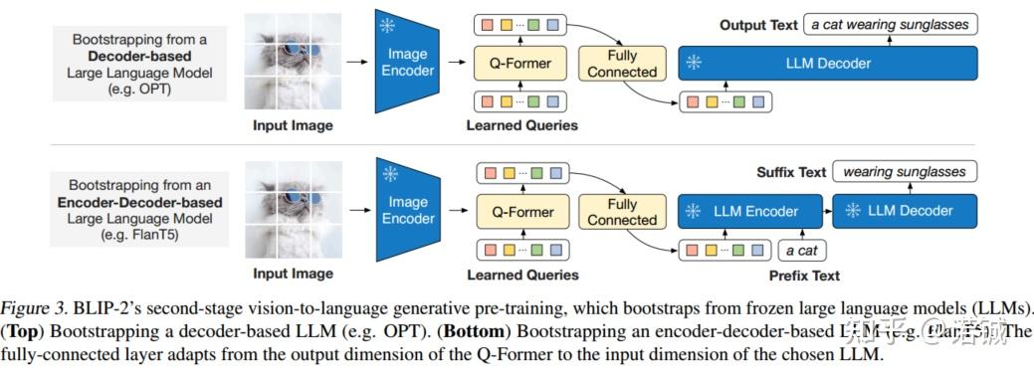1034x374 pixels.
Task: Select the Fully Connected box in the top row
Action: pos(622,64)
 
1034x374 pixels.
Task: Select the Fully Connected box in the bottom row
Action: pos(622,212)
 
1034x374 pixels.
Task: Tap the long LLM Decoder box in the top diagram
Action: pos(827,64)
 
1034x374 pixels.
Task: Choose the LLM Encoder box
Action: pos(751,211)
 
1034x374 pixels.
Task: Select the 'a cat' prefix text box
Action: pos(801,250)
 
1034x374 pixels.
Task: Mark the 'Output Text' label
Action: pos(758,25)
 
